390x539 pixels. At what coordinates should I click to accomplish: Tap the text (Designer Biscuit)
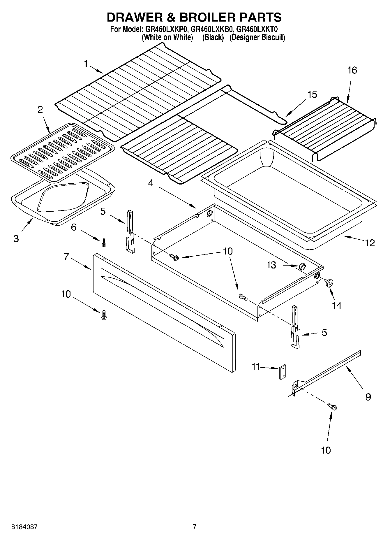coord(257,37)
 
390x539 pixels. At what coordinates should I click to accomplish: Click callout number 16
coord(352,70)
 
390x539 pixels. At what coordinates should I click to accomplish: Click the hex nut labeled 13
coord(302,266)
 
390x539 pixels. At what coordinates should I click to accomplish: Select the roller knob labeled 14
coord(329,282)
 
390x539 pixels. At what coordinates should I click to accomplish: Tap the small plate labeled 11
coord(282,372)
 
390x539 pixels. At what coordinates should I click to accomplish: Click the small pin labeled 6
coord(104,243)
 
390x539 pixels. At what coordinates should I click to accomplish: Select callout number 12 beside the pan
coord(370,243)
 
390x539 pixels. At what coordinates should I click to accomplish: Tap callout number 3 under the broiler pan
coord(16,239)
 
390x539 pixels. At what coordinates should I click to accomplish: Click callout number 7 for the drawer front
coord(66,257)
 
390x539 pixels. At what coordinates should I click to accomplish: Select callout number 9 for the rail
coord(368,397)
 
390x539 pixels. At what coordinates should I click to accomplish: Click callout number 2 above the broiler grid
coord(40,110)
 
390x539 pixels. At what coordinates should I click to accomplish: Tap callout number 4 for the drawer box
coord(151,183)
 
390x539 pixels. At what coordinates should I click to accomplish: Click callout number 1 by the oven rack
coord(86,64)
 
